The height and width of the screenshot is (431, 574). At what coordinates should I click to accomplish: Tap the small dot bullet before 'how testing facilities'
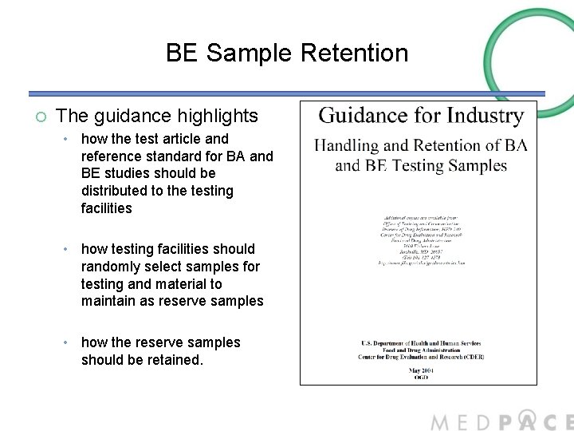(69, 250)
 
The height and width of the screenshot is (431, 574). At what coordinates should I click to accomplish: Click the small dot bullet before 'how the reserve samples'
(69, 343)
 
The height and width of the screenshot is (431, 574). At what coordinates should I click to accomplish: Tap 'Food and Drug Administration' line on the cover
(418, 349)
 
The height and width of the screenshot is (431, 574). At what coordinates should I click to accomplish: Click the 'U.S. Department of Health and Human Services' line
(418, 342)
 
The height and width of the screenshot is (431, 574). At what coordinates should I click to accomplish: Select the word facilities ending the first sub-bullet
(107, 208)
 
